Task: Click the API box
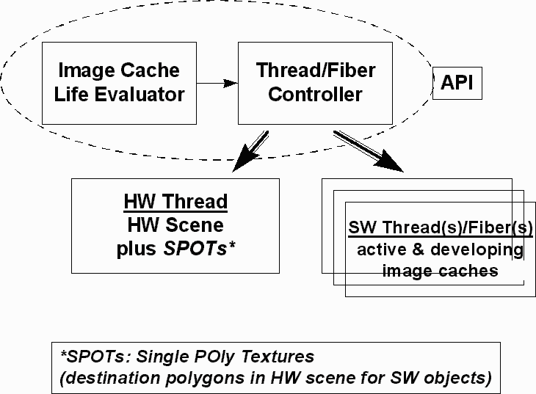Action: coord(457,84)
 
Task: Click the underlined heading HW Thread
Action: coord(175,201)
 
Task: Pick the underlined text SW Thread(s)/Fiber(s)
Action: coord(441,227)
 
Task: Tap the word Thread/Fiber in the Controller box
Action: coord(315,70)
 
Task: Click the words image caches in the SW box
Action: coord(440,271)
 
